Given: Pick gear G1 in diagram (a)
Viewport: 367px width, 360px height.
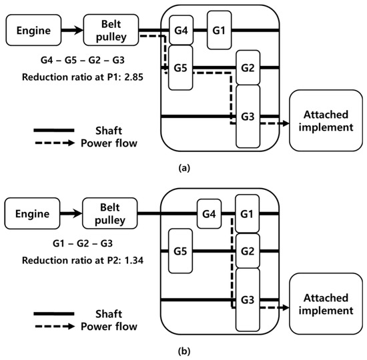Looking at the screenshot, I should tap(219, 29).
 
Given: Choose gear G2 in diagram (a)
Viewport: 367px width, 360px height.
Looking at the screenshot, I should tap(248, 68).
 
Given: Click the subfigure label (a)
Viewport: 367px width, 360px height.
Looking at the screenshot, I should tap(183, 169).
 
